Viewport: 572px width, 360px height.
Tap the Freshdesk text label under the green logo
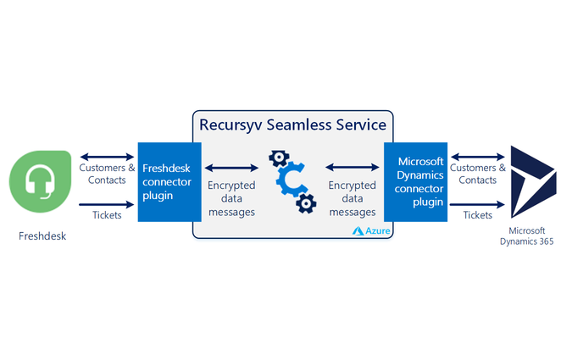coord(42,235)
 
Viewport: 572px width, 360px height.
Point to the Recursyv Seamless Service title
coord(292,125)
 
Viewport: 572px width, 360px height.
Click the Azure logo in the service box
coord(370,230)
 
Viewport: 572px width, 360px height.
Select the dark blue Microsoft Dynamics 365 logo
coord(530,182)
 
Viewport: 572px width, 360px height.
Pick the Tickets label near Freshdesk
coord(105,215)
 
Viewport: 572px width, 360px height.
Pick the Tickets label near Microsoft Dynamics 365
coord(477,215)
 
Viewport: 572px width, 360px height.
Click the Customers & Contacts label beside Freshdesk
coord(106,174)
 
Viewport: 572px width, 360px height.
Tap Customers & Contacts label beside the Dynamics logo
coord(478,174)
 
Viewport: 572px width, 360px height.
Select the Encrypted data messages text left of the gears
coord(231,199)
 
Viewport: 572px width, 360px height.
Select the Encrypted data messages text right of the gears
coord(352,199)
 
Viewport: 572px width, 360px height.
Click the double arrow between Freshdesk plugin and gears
coord(231,168)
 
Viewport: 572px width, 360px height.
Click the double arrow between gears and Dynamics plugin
coord(352,168)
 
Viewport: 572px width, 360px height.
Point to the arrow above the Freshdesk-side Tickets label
coord(106,204)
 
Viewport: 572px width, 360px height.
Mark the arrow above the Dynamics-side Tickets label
coord(478,204)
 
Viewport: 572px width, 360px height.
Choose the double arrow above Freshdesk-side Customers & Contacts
coord(106,157)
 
